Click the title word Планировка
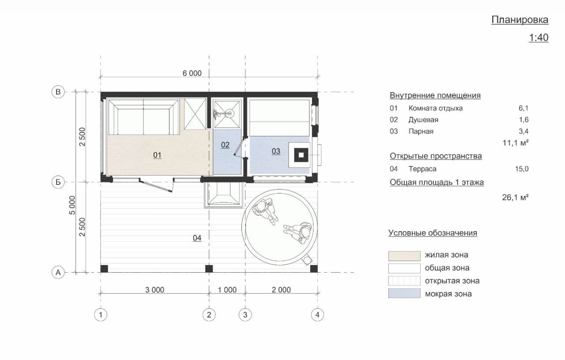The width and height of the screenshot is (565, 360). (x=520, y=20)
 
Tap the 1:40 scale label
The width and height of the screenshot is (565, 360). (x=539, y=37)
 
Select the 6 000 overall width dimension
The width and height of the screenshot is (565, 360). (x=192, y=73)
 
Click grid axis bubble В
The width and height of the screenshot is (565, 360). (x=58, y=92)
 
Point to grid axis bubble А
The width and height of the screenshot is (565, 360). (x=58, y=273)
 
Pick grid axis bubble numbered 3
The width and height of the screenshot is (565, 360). (x=245, y=315)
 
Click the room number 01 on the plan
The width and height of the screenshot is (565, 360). (x=157, y=155)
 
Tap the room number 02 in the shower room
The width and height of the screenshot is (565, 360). (x=225, y=145)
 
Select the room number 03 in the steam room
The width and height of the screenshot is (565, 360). (x=276, y=151)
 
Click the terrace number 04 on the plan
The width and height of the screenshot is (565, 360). (x=197, y=238)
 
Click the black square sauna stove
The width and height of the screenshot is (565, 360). (x=301, y=155)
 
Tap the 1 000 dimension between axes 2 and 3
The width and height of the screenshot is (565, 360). (x=227, y=290)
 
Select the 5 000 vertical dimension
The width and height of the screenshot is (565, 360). (x=72, y=205)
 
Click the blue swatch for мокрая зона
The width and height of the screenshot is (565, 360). (x=404, y=293)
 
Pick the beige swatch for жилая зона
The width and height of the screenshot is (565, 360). (x=404, y=256)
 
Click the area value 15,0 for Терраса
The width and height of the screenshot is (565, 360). (x=522, y=169)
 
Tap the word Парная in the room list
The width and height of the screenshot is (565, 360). (x=421, y=131)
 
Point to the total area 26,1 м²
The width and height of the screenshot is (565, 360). (x=515, y=197)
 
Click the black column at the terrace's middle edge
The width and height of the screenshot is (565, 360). (x=209, y=269)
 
